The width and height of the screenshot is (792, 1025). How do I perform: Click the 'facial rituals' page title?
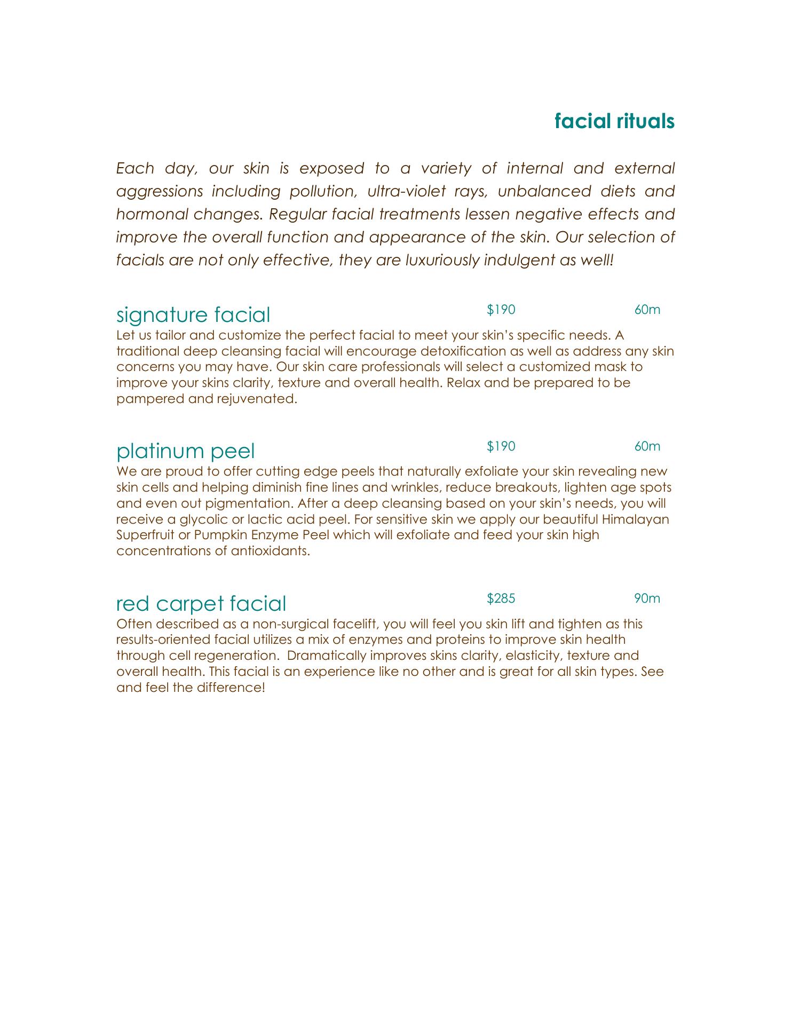614,121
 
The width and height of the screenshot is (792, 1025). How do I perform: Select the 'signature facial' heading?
193,315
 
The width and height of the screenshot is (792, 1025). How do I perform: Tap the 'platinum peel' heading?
185,451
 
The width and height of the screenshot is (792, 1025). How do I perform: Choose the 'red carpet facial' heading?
201,603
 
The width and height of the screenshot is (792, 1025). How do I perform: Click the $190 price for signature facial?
501,310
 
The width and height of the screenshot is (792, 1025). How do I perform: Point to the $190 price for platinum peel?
501,446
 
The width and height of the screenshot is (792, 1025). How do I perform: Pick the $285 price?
501,598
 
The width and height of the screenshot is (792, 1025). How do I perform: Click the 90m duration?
647,598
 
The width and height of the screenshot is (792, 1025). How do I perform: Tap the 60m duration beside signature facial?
647,310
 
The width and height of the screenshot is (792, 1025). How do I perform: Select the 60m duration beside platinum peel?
647,446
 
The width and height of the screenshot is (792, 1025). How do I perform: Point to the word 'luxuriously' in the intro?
435,260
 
